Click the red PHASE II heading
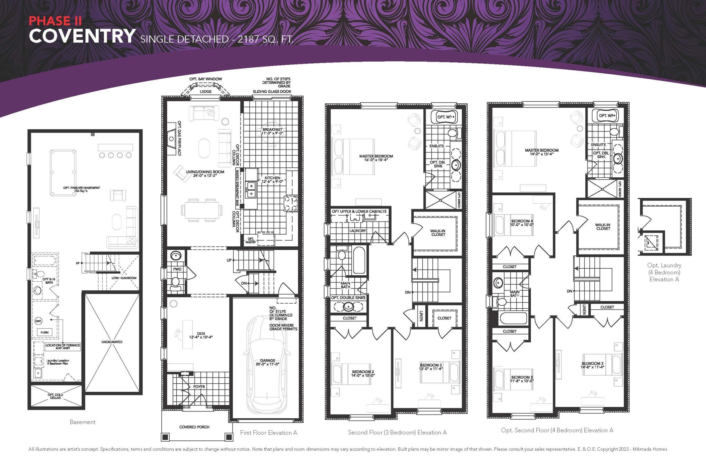(x=55, y=21)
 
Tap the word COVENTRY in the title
(x=82, y=36)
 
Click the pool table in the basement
(x=63, y=173)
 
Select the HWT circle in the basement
(x=38, y=321)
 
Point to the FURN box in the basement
(x=44, y=332)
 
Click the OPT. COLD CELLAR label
(x=55, y=396)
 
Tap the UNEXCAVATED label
(x=112, y=342)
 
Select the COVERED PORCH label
(x=194, y=427)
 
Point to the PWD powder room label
(x=177, y=269)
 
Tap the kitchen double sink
(x=251, y=190)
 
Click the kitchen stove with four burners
(x=291, y=204)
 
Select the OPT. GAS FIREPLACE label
(x=180, y=138)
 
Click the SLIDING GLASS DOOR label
(x=272, y=91)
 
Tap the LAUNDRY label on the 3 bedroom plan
(x=357, y=231)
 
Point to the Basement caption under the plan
(x=82, y=422)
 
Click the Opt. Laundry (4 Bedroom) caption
(x=664, y=272)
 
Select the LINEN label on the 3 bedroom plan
(x=421, y=316)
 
